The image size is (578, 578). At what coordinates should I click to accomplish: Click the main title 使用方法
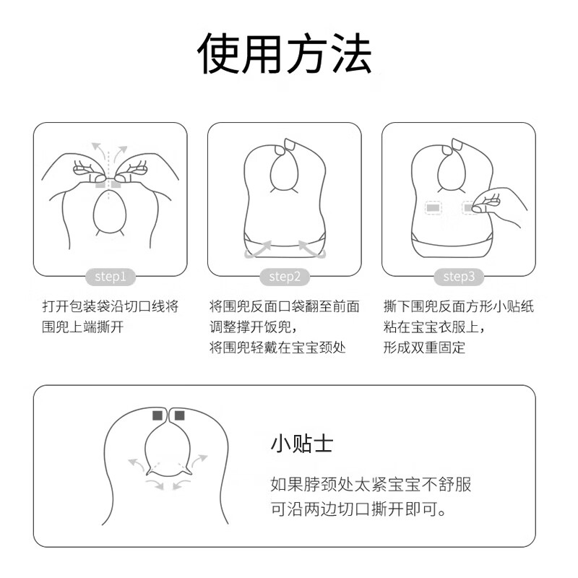click(286, 55)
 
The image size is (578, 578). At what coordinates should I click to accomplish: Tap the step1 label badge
click(111, 276)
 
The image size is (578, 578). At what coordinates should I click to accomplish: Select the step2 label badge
click(285, 276)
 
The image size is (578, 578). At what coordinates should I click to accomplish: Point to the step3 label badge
click(459, 276)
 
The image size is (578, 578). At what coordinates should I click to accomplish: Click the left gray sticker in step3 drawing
click(433, 208)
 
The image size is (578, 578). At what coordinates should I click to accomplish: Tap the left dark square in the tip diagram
click(158, 415)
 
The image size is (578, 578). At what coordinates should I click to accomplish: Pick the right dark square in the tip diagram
click(179, 415)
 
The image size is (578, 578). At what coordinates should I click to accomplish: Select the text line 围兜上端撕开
click(83, 327)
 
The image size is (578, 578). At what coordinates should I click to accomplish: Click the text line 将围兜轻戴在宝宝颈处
click(277, 348)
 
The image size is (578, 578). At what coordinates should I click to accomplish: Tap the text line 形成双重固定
click(425, 348)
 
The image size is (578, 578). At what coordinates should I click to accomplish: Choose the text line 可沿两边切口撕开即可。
click(358, 509)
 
